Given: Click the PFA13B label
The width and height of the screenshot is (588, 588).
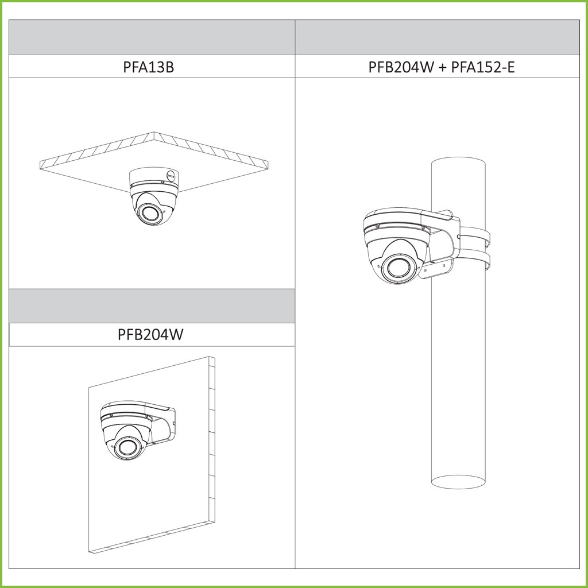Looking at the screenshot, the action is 149,67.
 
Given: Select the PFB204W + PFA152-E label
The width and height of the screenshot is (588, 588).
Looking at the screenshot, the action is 442,67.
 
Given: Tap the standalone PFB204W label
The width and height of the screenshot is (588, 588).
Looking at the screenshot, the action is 150,334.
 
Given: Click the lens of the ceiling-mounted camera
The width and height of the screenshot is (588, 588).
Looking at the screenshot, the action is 149,213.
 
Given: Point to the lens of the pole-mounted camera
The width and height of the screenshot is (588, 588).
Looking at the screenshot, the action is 399,268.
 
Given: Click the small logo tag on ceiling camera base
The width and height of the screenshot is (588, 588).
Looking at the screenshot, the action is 171,175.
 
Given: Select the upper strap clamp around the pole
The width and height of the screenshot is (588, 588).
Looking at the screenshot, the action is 475,236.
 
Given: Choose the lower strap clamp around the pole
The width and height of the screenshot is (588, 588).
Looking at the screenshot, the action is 475,260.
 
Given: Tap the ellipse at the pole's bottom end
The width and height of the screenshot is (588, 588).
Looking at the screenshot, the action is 458,482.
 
